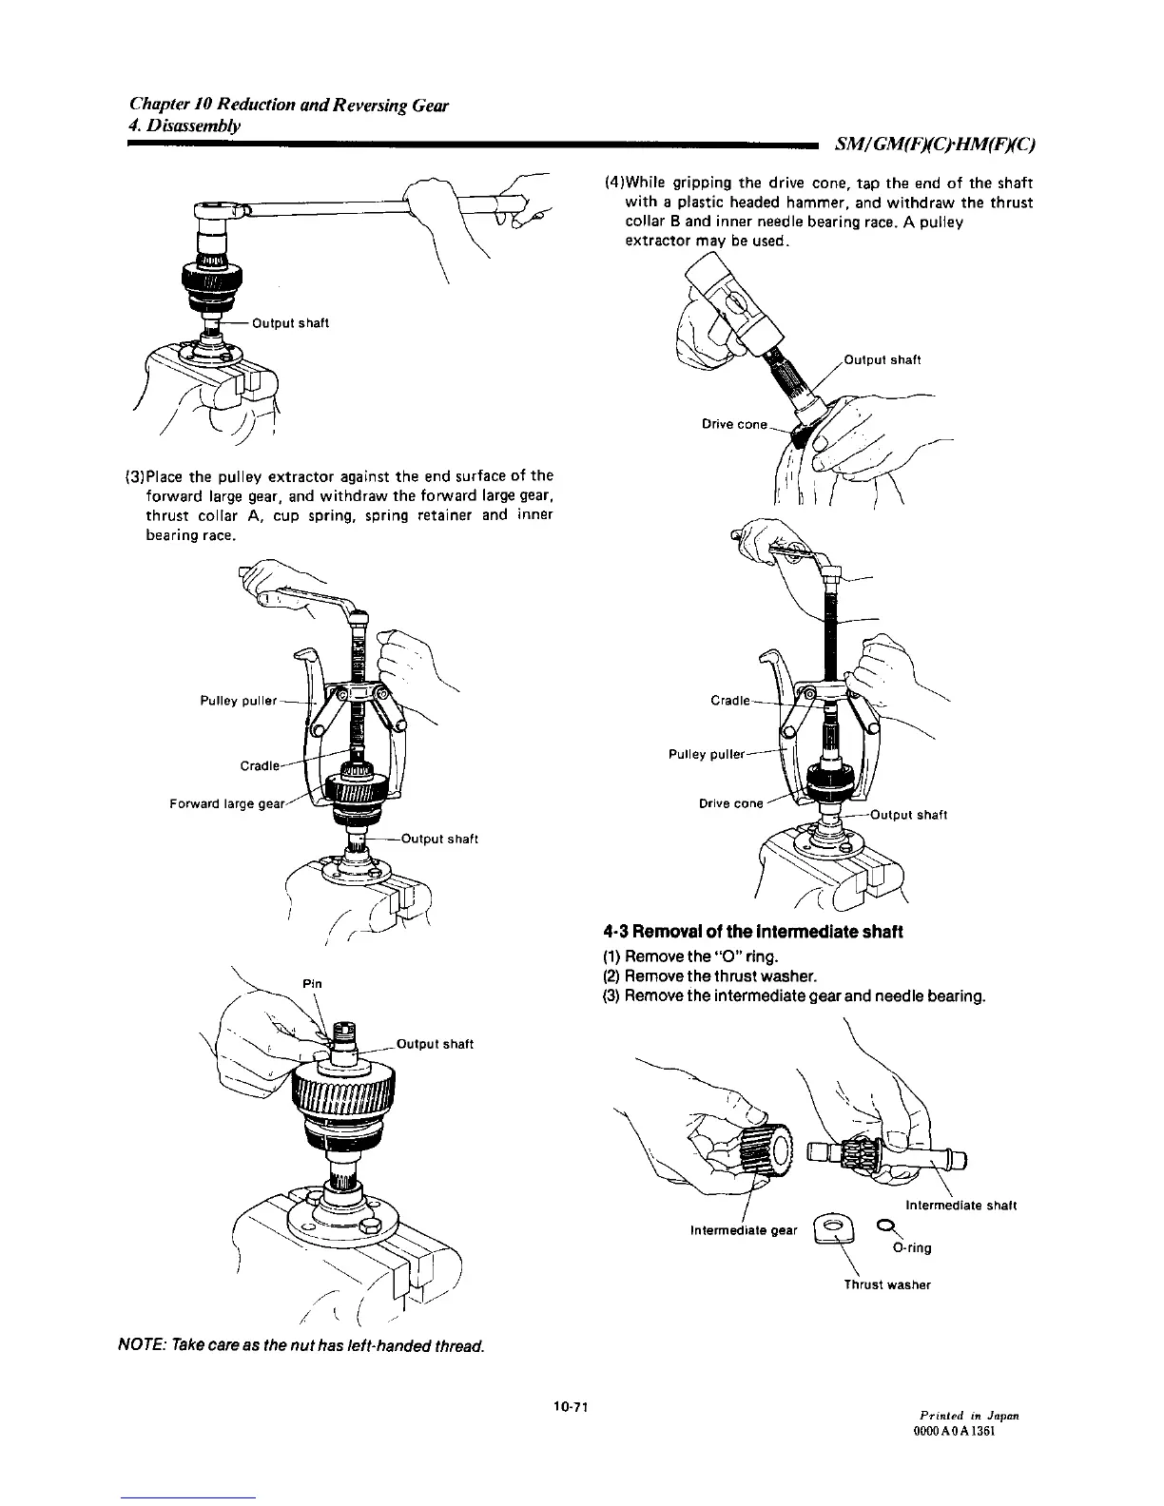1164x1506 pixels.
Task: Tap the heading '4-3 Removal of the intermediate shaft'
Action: coord(752,931)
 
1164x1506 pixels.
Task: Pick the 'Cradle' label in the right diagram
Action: coord(730,702)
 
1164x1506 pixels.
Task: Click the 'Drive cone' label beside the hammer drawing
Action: coord(733,424)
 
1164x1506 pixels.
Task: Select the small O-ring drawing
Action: coord(883,1224)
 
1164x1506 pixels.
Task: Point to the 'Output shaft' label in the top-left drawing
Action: coord(289,323)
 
